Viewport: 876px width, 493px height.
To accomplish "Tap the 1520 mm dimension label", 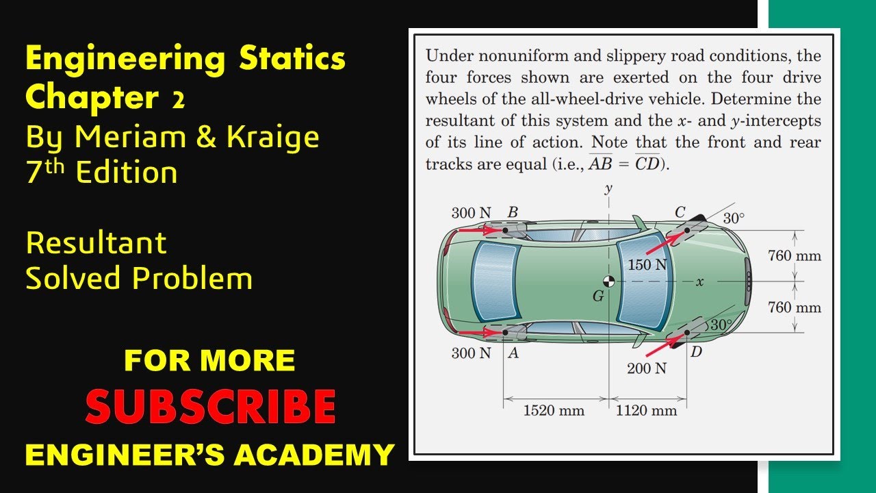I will tap(554, 411).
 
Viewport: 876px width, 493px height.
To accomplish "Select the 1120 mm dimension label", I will tap(646, 411).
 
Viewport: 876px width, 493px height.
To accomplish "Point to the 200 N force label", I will tap(646, 368).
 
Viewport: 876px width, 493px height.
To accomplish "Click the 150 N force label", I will tap(647, 264).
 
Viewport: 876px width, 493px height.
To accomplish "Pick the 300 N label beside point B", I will tap(471, 213).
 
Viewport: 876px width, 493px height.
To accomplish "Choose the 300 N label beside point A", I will tap(471, 353).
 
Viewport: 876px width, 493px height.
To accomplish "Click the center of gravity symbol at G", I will tap(608, 281).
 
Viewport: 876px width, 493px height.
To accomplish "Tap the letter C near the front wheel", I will tap(680, 212).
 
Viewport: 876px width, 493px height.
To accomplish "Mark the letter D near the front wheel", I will tap(696, 353).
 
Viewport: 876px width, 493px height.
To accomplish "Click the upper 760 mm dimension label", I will tap(794, 256).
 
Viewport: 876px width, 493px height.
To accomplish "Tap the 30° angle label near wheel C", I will tap(734, 218).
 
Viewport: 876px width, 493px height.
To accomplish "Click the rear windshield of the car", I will tap(494, 281).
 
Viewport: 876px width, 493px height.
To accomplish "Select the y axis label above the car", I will tap(608, 190).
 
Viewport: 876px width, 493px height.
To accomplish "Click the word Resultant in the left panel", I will tap(96, 243).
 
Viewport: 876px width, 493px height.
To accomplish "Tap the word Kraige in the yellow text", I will tap(273, 137).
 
